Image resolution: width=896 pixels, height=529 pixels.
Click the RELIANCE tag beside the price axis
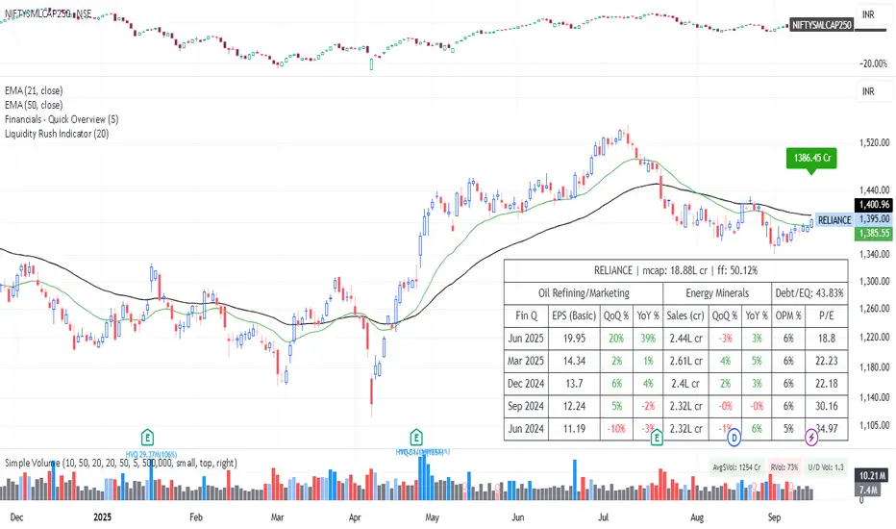pyautogui.click(x=834, y=219)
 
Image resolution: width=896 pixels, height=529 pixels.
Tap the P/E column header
pyautogui.click(x=827, y=314)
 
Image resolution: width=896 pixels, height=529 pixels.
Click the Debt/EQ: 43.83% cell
pyautogui.click(x=809, y=291)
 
